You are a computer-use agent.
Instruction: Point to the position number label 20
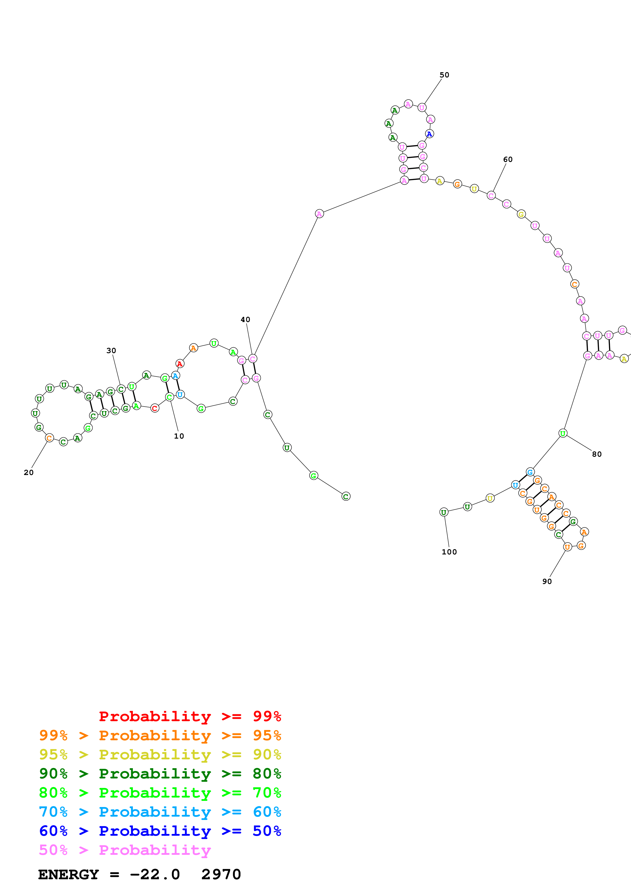click(29, 472)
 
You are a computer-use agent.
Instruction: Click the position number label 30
click(111, 351)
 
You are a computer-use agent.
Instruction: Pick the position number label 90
click(547, 581)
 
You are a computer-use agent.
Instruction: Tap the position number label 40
click(245, 320)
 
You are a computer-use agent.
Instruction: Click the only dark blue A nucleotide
click(429, 134)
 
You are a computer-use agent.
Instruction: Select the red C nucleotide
click(155, 408)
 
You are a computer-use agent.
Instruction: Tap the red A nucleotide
click(180, 364)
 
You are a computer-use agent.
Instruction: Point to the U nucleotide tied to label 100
click(444, 512)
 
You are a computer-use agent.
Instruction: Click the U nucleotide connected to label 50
click(422, 108)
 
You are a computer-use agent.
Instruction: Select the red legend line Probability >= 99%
click(190, 716)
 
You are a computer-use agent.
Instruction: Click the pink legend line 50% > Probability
click(125, 850)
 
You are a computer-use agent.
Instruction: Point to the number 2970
click(221, 875)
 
